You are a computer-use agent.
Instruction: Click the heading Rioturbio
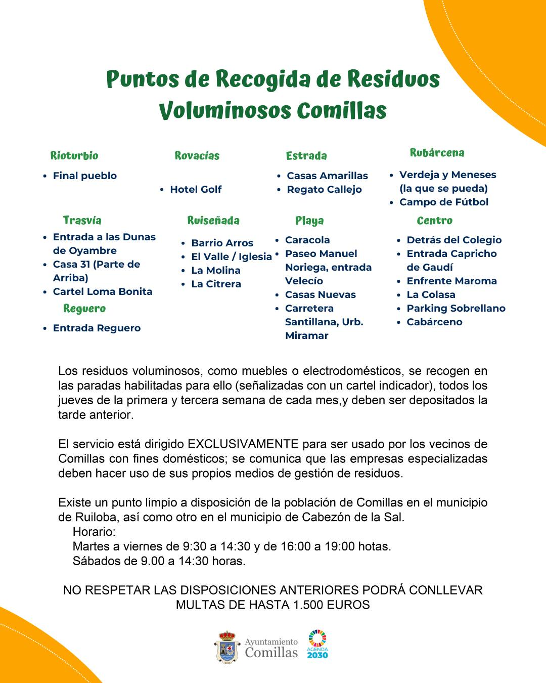(74, 156)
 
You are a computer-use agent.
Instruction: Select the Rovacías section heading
(197, 156)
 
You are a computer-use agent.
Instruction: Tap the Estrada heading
(306, 156)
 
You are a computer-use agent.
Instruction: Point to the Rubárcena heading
(437, 153)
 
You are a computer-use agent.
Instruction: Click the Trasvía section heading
(82, 221)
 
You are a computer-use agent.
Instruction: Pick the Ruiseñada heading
(213, 221)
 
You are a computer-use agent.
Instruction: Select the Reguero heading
(84, 309)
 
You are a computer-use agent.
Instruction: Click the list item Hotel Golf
(196, 189)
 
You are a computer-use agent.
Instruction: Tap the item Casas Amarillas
(327, 176)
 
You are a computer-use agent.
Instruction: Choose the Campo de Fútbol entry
(443, 202)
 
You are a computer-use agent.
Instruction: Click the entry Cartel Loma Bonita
(103, 291)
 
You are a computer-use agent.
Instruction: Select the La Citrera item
(216, 284)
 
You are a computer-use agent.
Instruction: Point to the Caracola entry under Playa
(307, 240)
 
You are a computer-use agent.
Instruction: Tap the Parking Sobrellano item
(456, 308)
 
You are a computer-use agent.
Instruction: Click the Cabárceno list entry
(434, 322)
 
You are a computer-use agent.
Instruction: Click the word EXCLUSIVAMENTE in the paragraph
(243, 444)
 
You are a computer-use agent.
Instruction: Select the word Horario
(94, 532)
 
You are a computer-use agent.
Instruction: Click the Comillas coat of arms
(227, 647)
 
